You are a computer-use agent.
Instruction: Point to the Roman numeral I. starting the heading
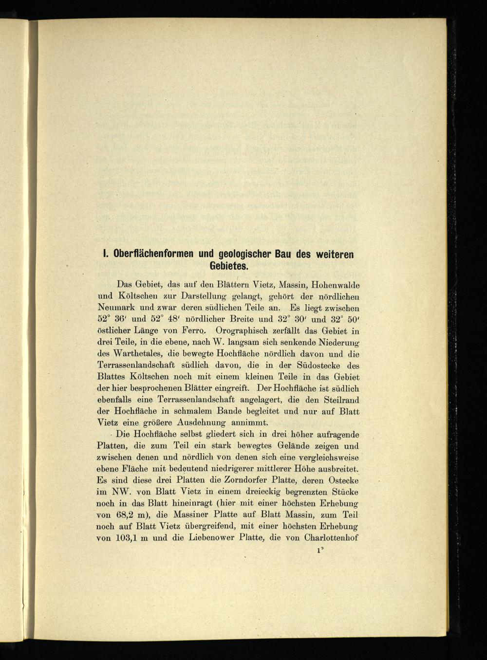(104, 255)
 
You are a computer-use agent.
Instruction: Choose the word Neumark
(116, 308)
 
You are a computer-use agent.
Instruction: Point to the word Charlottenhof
(331, 538)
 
